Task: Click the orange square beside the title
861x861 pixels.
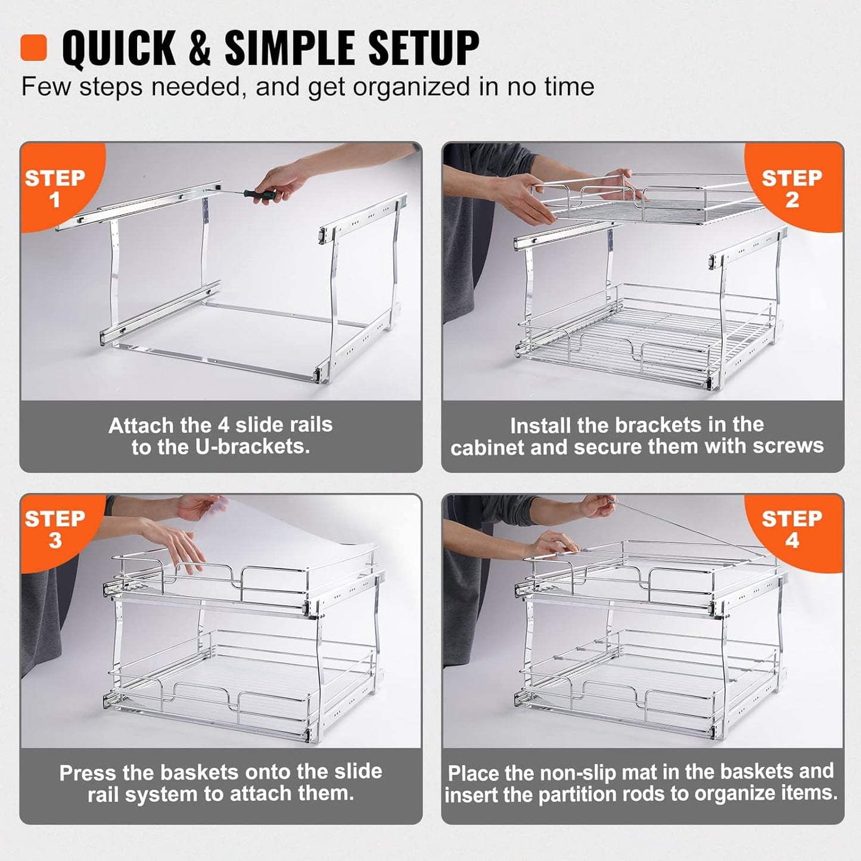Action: [x=33, y=47]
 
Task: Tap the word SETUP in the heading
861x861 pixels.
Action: [x=411, y=48]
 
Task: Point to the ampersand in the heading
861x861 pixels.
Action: [x=200, y=48]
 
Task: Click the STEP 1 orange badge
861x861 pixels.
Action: [x=54, y=188]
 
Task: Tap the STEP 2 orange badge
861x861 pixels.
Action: [x=792, y=188]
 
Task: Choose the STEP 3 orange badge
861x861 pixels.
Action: [x=54, y=529]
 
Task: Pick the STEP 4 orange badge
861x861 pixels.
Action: [x=792, y=529]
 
